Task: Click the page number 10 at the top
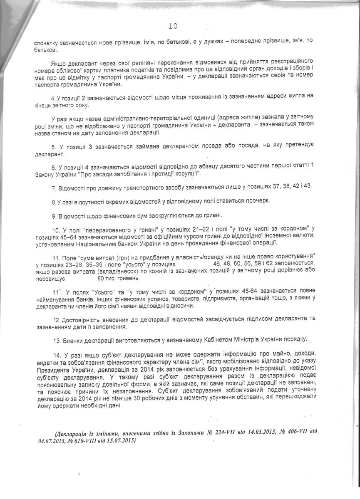[x=173, y=26]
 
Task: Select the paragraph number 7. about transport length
[x=54, y=188]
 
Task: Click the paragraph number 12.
[x=55, y=319]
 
